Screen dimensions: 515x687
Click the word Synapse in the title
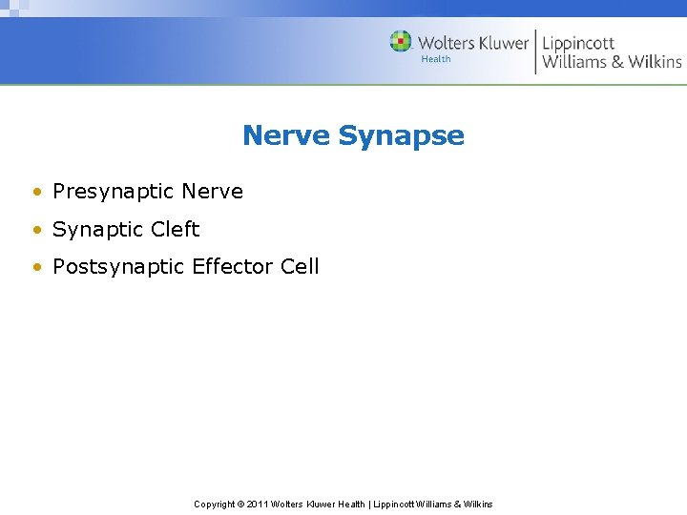tap(401, 136)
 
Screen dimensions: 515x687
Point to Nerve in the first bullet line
tap(212, 192)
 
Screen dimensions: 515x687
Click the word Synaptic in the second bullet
tap(98, 230)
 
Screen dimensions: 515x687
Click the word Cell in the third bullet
tap(300, 267)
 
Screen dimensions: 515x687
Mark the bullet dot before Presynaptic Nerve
tap(36, 193)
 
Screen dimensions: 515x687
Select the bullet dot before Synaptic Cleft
tap(36, 231)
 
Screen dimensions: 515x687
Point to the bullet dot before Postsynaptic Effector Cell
tap(36, 268)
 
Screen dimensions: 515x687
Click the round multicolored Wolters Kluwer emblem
tap(401, 42)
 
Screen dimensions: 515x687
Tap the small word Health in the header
tap(435, 59)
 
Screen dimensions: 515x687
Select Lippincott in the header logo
tap(578, 43)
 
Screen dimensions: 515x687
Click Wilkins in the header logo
tap(655, 62)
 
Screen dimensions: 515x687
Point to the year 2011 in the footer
tap(257, 504)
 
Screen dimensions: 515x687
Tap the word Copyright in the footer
tap(214, 504)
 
